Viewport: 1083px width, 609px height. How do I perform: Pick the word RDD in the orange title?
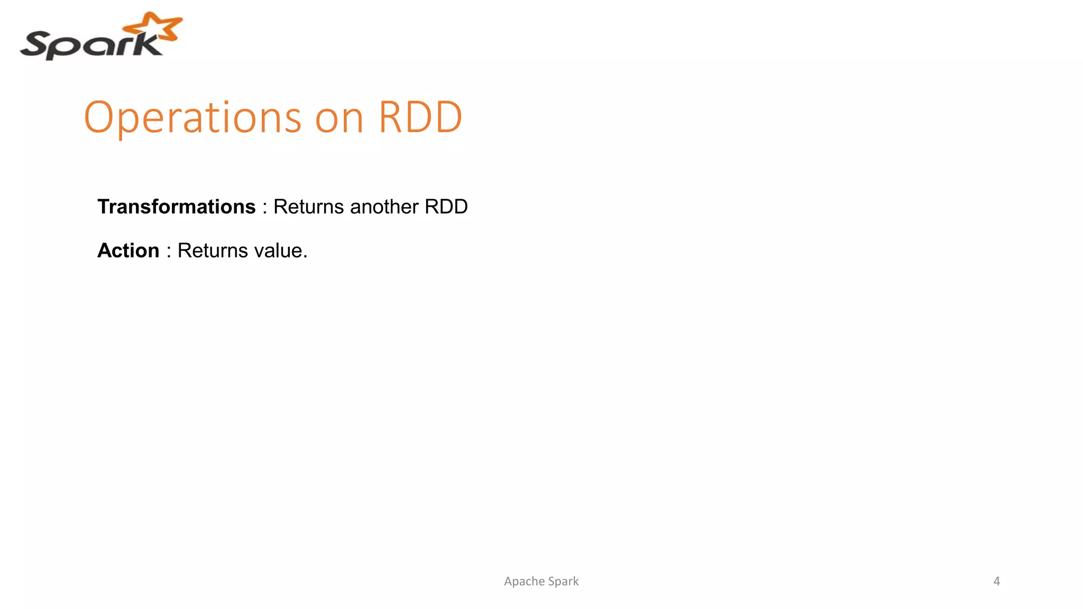point(420,117)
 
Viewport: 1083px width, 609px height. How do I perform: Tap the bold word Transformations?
point(176,207)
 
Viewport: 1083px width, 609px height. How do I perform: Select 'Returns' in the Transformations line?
point(309,207)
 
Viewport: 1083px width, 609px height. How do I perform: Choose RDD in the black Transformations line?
point(446,207)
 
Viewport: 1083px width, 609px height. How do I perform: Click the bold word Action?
point(128,251)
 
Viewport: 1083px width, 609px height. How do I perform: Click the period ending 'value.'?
point(305,257)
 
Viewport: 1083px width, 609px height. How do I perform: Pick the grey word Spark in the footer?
point(564,582)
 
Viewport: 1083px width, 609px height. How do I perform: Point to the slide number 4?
point(996,582)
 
